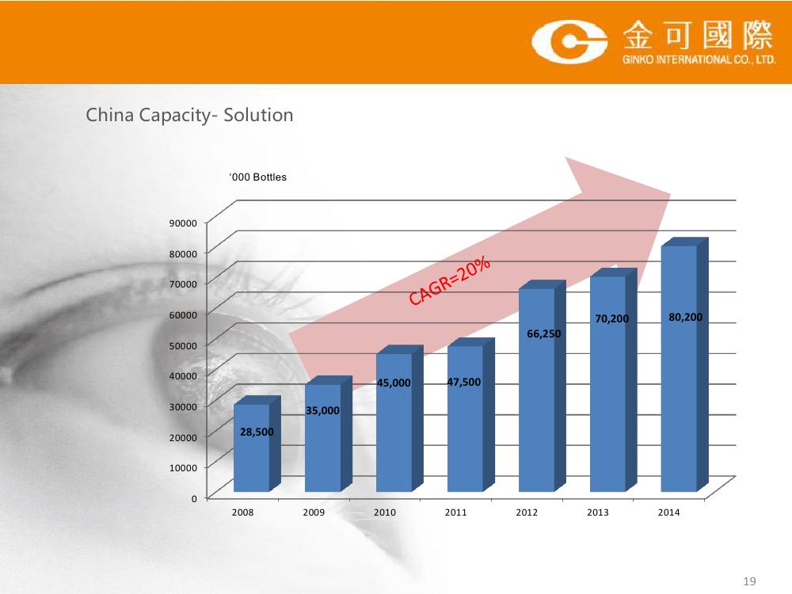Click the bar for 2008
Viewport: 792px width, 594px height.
[257, 444]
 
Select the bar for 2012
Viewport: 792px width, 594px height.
[542, 386]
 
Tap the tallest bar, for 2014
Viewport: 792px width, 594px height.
[684, 364]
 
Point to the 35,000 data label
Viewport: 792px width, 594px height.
[323, 410]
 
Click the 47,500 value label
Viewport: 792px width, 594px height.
[463, 383]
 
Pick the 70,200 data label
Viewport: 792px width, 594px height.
[611, 318]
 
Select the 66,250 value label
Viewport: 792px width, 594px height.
[544, 334]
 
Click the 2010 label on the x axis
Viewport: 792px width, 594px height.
[385, 512]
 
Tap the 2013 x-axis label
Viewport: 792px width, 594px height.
[598, 512]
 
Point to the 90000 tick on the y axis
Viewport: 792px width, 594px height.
[183, 223]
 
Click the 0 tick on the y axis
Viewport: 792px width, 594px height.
[194, 498]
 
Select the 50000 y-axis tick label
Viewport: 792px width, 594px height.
[183, 345]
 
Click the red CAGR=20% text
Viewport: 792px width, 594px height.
[450, 281]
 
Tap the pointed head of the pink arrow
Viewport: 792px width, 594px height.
[670, 194]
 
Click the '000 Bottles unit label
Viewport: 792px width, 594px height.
[257, 177]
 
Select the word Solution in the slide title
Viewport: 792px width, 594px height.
[259, 115]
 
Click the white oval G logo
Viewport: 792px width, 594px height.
[569, 42]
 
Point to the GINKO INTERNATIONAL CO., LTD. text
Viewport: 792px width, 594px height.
[699, 59]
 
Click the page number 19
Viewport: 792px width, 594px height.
[749, 581]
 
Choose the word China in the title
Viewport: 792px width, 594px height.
[110, 115]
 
